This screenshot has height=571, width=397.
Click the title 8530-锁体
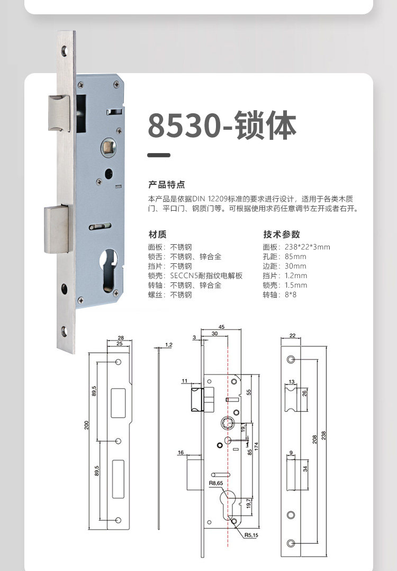[222, 126]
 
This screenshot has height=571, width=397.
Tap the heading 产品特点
[167, 185]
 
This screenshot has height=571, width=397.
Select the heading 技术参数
[282, 234]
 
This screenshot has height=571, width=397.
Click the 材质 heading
[157, 234]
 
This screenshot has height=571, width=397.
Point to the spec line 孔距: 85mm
[285, 256]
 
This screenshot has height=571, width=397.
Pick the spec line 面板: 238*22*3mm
[296, 247]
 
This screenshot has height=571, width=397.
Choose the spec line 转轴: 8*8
[279, 295]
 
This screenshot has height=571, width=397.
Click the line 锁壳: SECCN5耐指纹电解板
[195, 275]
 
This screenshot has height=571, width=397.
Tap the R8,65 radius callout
[216, 483]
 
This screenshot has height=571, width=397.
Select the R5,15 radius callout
[251, 535]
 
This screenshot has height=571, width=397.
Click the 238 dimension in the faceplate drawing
[323, 436]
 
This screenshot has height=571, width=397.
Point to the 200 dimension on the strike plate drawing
[87, 425]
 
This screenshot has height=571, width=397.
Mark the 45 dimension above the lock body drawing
[221, 327]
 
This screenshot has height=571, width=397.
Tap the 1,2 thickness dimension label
[168, 344]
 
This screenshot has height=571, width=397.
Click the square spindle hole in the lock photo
[107, 147]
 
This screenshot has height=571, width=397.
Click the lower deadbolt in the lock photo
[57, 229]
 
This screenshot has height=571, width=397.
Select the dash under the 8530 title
[159, 155]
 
